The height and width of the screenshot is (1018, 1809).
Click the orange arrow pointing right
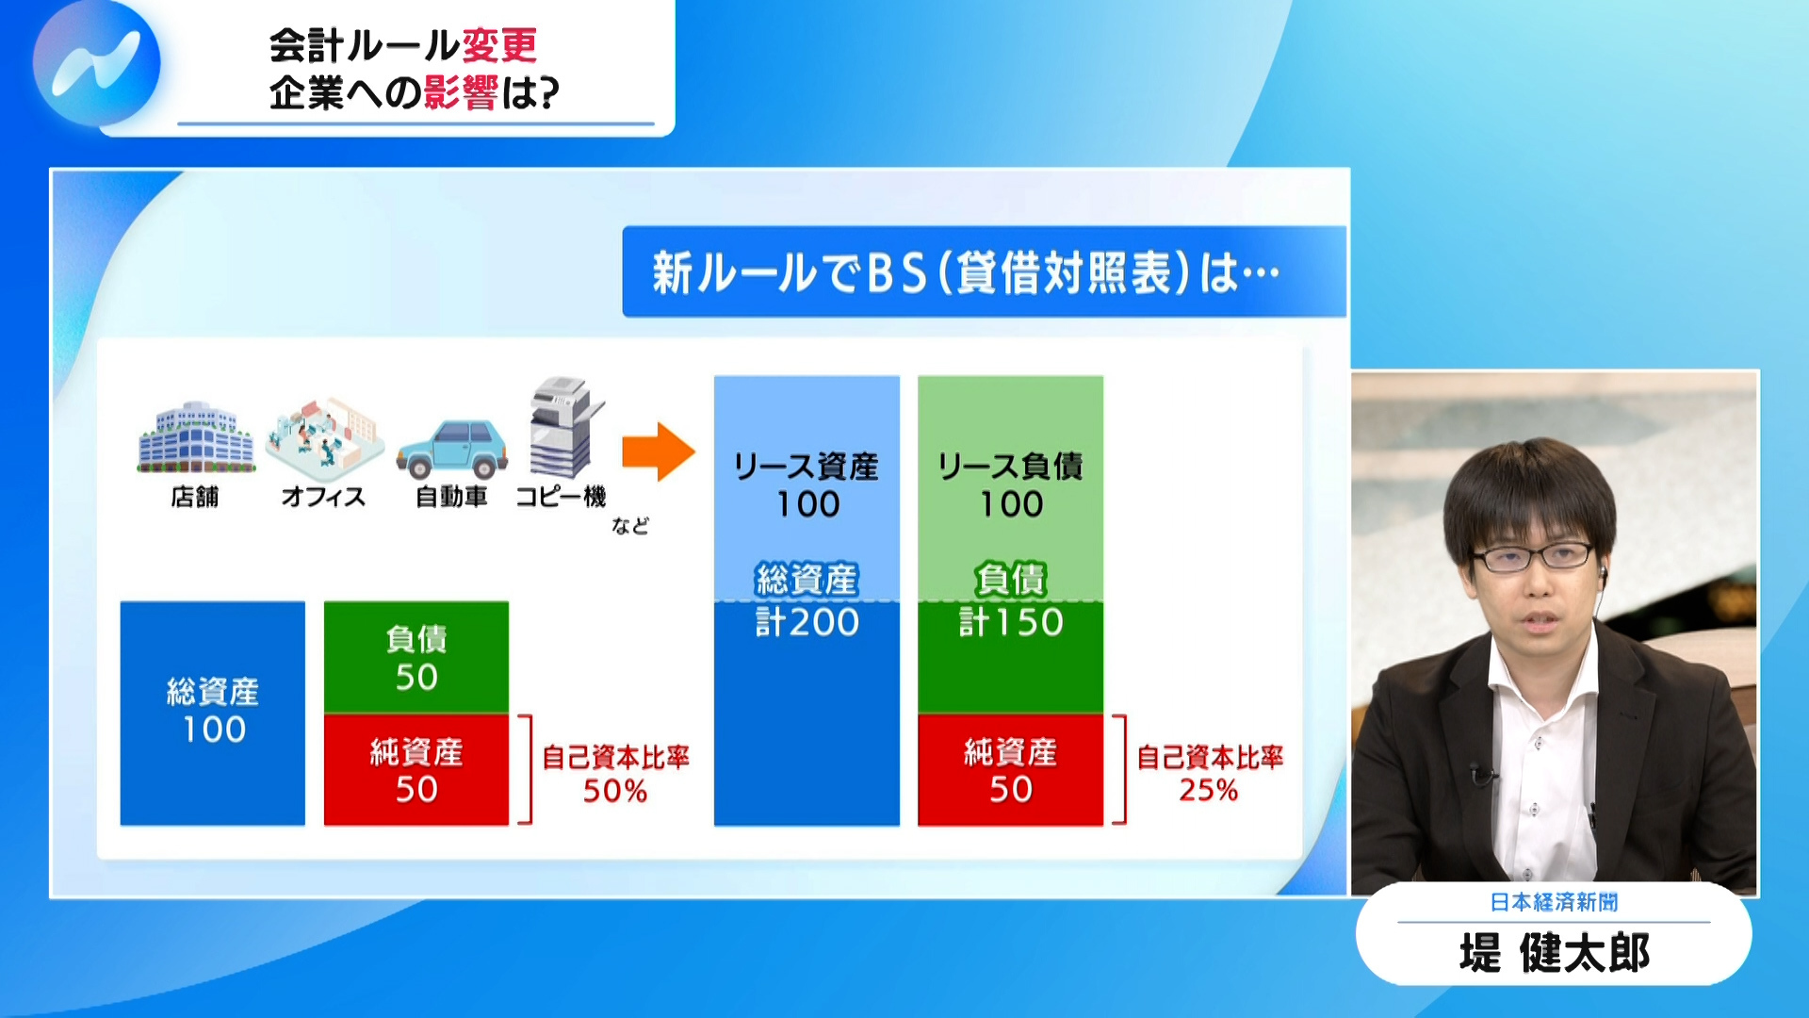[x=658, y=452]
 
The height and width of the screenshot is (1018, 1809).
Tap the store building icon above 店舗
[x=196, y=437]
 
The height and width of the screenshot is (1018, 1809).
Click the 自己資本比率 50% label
[x=615, y=774]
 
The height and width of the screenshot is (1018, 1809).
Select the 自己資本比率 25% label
[x=1209, y=774]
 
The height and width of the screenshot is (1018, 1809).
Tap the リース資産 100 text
[x=807, y=485]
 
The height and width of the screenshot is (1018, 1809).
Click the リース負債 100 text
[x=1010, y=485]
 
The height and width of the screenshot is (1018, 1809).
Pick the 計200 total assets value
[x=807, y=622]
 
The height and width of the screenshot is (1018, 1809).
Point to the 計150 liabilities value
[x=1011, y=622]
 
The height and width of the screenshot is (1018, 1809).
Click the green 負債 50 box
[x=416, y=657]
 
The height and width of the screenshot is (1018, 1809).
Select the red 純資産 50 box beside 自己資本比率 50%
[x=416, y=770]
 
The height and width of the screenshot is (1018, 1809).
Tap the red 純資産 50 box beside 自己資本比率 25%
[x=1010, y=770]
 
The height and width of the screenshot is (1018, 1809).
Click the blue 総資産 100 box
[x=213, y=713]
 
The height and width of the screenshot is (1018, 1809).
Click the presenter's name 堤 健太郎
[x=1554, y=953]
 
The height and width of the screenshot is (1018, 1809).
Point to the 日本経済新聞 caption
[x=1554, y=902]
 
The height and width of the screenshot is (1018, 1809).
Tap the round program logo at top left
[x=96, y=64]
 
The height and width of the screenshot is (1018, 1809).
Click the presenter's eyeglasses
[x=1533, y=557]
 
